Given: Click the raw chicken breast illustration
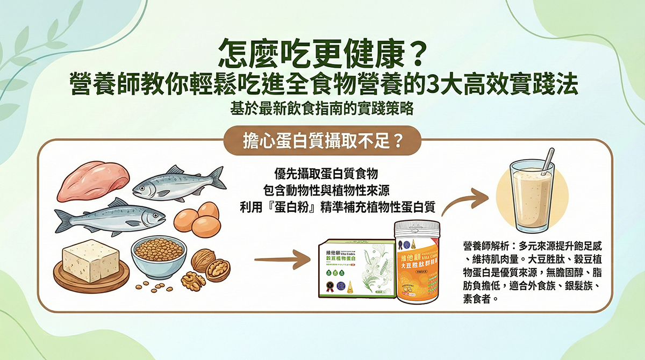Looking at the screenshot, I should click(94, 181).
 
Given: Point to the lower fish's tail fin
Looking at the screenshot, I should click(64, 220).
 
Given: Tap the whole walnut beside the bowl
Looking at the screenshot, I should click(202, 261).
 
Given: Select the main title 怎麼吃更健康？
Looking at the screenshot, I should click(322, 54).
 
